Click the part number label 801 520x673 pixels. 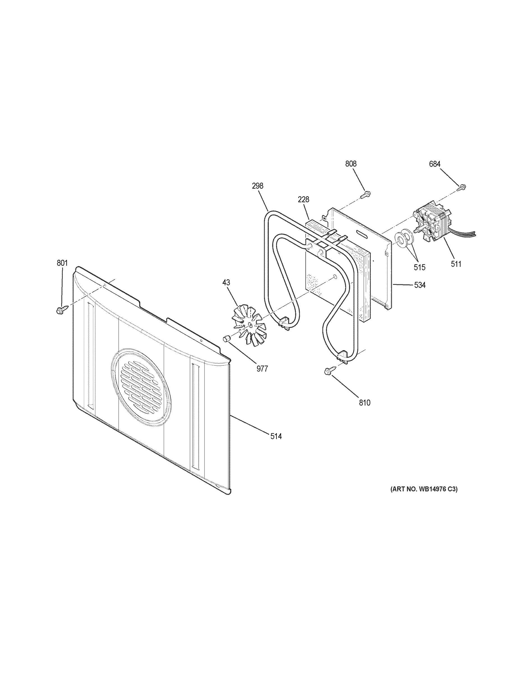point(62,263)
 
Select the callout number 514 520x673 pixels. point(276,436)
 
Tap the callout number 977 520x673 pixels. point(262,368)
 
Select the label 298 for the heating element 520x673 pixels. point(257,186)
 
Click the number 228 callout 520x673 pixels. point(303,199)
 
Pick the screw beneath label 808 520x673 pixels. point(366,194)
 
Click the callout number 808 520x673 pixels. point(351,164)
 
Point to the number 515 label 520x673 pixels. point(419,267)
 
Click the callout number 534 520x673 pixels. point(420,285)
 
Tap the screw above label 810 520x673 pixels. point(328,371)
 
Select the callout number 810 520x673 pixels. point(364,402)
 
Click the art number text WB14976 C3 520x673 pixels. point(424,489)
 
